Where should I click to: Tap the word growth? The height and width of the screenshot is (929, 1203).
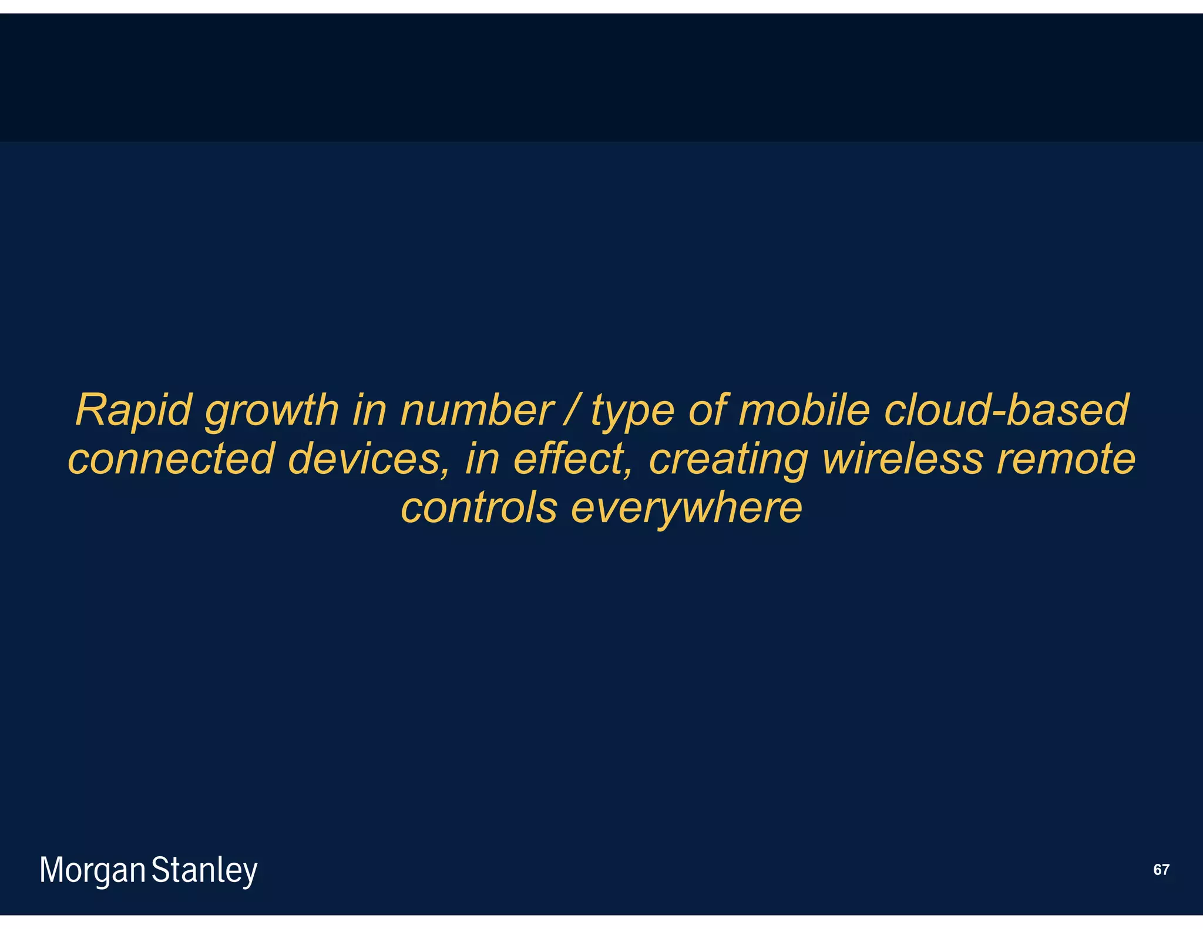pyautogui.click(x=271, y=411)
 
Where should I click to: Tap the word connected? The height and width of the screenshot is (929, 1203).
pyautogui.click(x=171, y=459)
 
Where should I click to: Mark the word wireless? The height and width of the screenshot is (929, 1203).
pyautogui.click(x=902, y=459)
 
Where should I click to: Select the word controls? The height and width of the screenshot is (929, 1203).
pyautogui.click(x=479, y=508)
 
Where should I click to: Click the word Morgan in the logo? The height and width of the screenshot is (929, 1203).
pyautogui.click(x=92, y=871)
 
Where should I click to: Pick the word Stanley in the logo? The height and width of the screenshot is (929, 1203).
pyautogui.click(x=204, y=871)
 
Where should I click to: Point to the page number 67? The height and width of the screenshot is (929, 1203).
pyautogui.click(x=1161, y=870)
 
